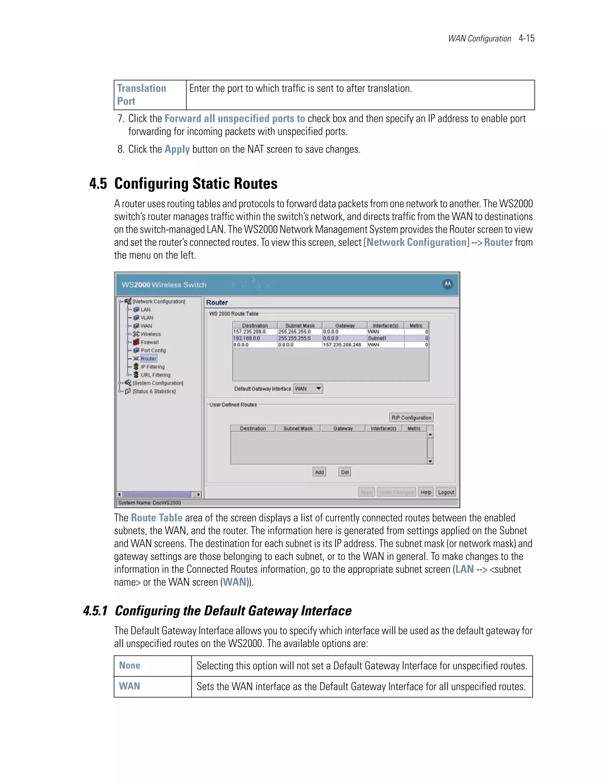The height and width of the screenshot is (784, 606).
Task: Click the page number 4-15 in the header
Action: point(526,38)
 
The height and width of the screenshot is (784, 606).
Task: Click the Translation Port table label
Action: point(141,95)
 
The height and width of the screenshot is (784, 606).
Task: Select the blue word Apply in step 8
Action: point(177,149)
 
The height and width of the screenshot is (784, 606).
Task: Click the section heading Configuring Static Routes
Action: point(196,183)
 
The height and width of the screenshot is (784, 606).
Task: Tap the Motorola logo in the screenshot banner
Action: point(447,284)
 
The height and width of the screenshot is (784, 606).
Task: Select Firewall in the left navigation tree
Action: point(149,342)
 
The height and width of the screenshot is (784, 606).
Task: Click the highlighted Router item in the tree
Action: point(148,359)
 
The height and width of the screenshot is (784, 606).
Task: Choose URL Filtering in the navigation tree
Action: point(155,375)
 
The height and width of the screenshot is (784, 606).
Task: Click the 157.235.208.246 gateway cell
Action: point(342,345)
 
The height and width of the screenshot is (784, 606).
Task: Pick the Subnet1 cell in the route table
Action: point(377,338)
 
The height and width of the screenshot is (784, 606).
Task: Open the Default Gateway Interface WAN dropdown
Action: point(308,389)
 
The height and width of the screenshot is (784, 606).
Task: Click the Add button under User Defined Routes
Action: point(319,472)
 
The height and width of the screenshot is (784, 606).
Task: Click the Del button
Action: point(345,472)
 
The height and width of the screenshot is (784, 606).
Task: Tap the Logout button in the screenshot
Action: point(446,492)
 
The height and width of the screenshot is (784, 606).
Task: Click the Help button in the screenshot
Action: point(426,492)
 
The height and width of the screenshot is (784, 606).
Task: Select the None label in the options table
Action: point(130,666)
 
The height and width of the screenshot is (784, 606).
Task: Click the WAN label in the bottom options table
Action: point(130,686)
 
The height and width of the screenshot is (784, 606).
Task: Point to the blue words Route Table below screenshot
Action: point(157,518)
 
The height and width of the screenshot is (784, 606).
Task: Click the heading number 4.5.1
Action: point(95,611)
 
